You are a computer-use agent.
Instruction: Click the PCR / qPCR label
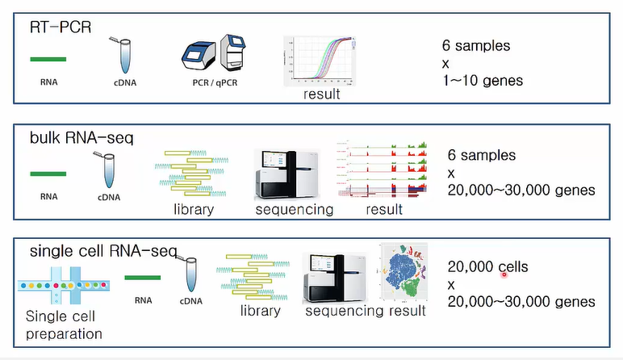point(211,83)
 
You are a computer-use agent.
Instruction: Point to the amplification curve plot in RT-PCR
point(320,60)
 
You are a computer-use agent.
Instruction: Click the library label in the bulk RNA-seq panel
point(194,210)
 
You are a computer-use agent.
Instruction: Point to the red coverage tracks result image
point(381,169)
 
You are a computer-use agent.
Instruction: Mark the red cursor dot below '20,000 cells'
point(504,274)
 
